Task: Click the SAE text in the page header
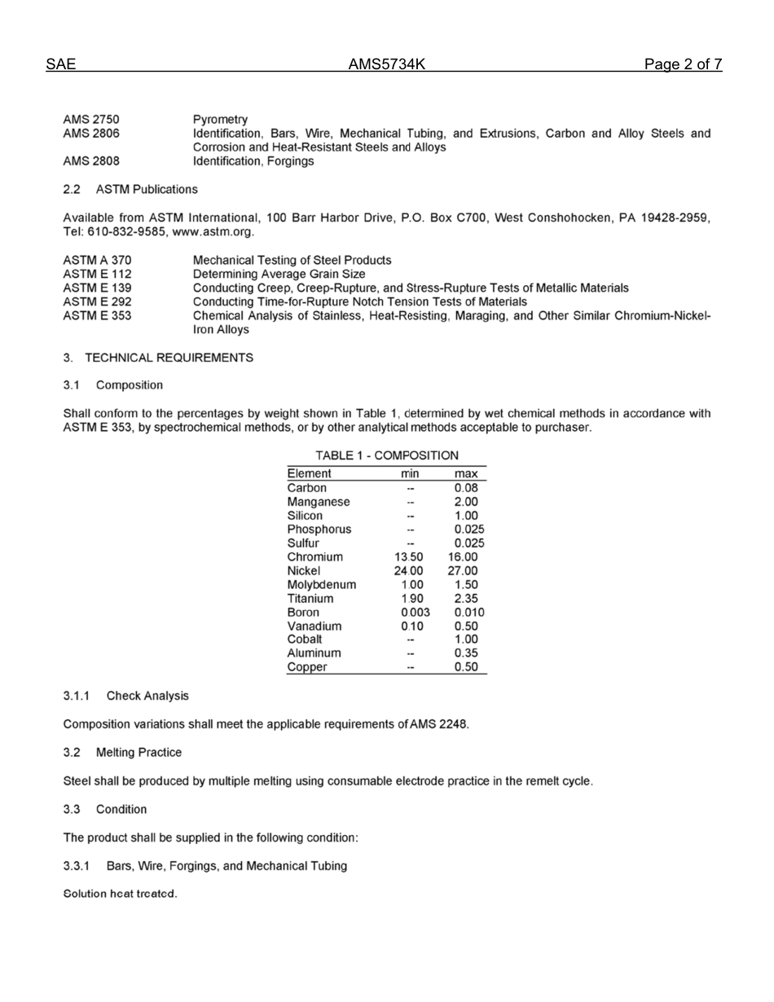61,64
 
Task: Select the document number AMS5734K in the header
387,64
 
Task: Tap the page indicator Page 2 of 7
682,64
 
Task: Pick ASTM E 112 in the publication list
98,274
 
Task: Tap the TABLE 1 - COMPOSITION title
386,455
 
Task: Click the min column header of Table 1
411,474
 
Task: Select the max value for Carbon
466,488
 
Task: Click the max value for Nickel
466,571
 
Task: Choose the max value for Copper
466,667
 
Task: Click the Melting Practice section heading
139,752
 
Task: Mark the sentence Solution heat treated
121,894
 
